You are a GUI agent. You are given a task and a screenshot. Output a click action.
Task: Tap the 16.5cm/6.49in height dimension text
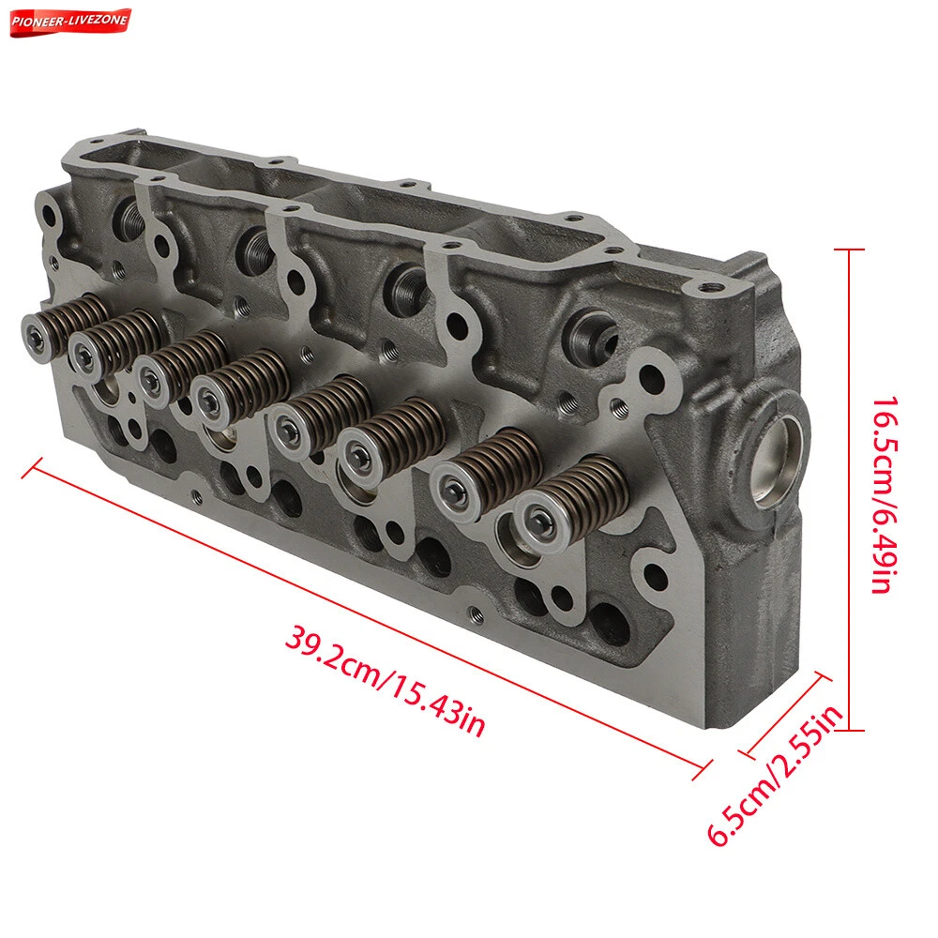885,494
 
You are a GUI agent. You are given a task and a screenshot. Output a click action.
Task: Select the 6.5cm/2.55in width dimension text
776,776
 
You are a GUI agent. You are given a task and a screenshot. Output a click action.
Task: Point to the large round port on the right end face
777,461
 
